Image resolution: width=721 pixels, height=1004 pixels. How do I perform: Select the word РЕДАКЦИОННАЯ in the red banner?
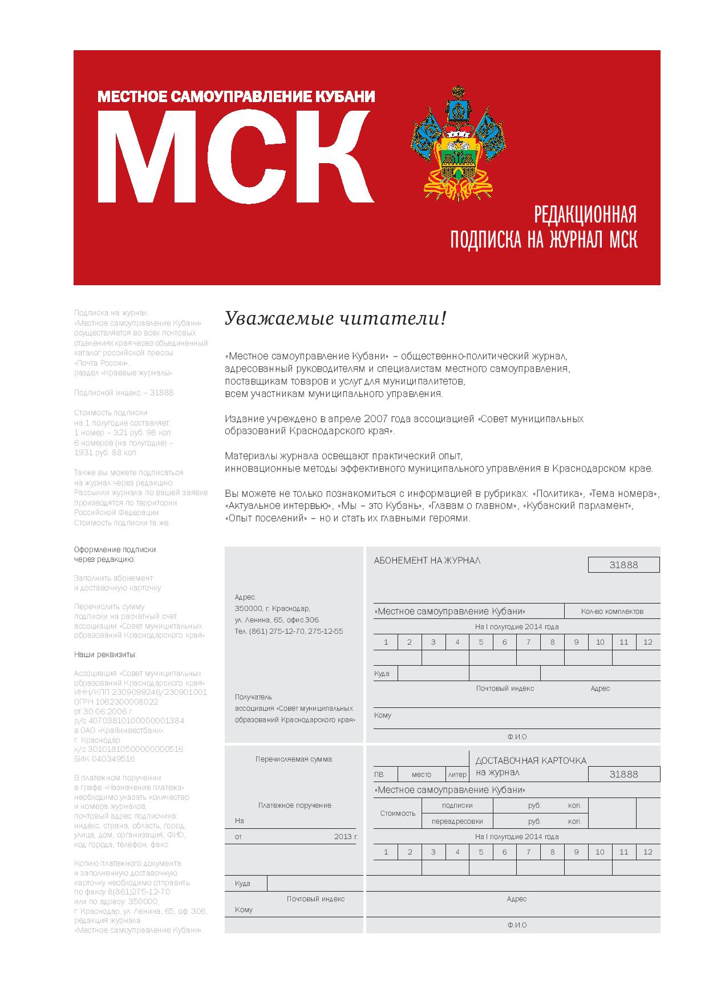[x=584, y=215]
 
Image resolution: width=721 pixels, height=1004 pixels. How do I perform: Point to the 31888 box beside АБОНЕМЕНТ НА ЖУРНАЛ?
[x=623, y=565]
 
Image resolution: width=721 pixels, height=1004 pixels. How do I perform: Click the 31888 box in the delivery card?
[x=623, y=774]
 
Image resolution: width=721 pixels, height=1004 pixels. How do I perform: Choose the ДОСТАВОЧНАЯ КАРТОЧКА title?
[x=530, y=760]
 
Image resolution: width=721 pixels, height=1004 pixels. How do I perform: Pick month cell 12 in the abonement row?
[x=647, y=642]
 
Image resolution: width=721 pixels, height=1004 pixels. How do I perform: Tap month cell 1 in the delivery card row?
[x=386, y=852]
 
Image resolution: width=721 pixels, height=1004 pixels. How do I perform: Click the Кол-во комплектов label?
[x=612, y=611]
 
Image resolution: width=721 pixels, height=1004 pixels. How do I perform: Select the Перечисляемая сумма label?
[x=294, y=759]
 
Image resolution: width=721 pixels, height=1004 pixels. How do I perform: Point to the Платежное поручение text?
[x=294, y=805]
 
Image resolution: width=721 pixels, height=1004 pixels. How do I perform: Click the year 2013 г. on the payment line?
[x=346, y=837]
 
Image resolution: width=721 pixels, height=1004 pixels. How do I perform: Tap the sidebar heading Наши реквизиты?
[x=105, y=654]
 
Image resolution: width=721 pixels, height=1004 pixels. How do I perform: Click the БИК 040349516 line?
[x=104, y=759]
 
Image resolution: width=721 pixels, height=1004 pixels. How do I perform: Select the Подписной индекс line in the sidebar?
[x=124, y=393]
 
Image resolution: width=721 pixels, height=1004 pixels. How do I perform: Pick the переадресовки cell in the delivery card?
[x=457, y=821]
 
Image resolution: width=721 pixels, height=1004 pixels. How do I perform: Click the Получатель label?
[x=254, y=697]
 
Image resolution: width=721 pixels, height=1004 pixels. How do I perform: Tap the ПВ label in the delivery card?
[x=379, y=775]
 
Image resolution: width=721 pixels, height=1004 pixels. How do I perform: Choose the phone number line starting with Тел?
[x=289, y=631]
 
